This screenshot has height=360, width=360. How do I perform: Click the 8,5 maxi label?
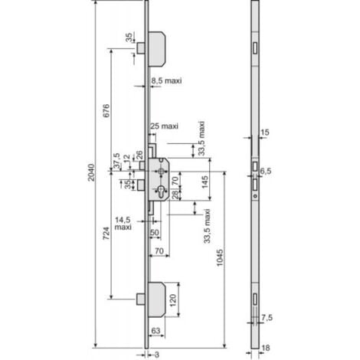[x=168, y=80]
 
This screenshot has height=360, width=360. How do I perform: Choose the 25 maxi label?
[x=165, y=126]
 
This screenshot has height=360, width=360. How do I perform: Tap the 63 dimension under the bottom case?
[x=155, y=330]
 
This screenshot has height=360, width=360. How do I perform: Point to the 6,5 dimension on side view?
[x=266, y=170]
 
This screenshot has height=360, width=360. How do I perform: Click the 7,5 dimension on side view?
[x=267, y=316]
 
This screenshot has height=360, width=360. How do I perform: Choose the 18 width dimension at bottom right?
[x=265, y=347]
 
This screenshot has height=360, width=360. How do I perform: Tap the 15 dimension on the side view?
[x=265, y=133]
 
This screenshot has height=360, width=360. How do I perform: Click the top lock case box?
[x=162, y=47]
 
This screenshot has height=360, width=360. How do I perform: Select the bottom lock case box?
[x=162, y=298]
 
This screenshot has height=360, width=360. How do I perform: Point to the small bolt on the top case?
[x=142, y=48]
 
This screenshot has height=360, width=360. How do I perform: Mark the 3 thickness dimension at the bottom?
[x=155, y=354]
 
